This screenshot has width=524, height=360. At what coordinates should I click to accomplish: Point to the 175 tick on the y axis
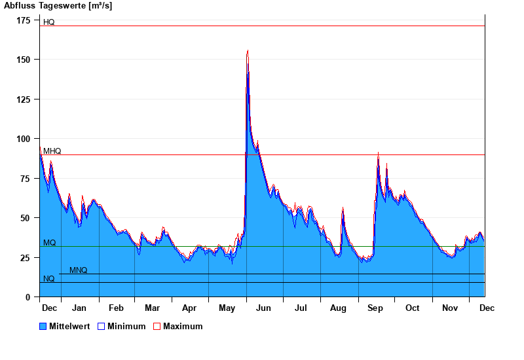pyautogui.click(x=24, y=20)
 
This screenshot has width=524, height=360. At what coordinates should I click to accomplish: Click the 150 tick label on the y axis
pyautogui.click(x=24, y=60)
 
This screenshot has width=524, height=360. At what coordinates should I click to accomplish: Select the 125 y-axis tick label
pyautogui.click(x=24, y=99)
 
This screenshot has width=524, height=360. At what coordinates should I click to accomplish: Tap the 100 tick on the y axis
pyautogui.click(x=24, y=139)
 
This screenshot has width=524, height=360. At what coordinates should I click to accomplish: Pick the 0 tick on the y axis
pyautogui.click(x=28, y=297)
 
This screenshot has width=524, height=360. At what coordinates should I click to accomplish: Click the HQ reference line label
pyautogui.click(x=49, y=22)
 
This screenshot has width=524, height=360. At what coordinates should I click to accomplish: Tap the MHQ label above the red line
pyautogui.click(x=52, y=151)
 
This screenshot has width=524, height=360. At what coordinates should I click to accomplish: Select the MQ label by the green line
pyautogui.click(x=50, y=243)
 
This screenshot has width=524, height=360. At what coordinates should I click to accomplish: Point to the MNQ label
pyautogui.click(x=78, y=270)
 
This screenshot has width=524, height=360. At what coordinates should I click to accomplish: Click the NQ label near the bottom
pyautogui.click(x=49, y=279)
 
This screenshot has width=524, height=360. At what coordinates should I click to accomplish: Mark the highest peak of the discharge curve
pyautogui.click(x=248, y=50)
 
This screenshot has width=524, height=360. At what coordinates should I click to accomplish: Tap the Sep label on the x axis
pyautogui.click(x=375, y=308)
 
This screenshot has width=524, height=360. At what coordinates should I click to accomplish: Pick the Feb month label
pyautogui.click(x=116, y=308)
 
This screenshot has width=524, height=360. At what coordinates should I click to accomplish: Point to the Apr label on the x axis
pyautogui.click(x=189, y=308)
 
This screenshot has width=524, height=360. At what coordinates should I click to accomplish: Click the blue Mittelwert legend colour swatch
pyautogui.click(x=43, y=327)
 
